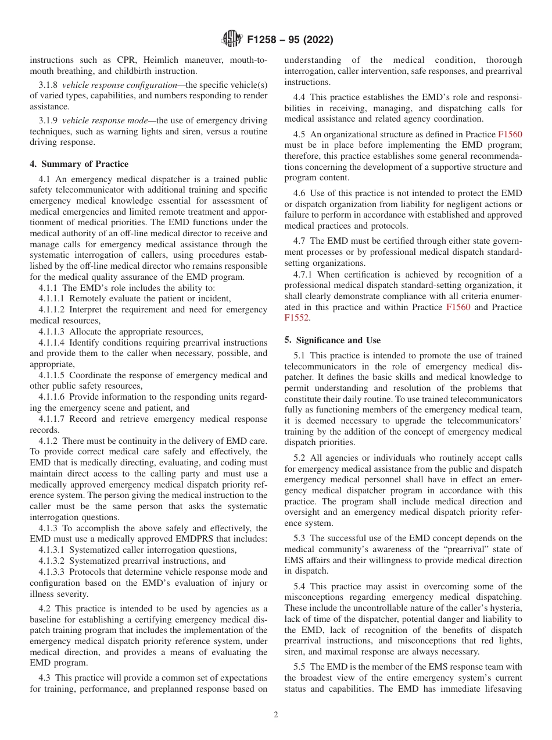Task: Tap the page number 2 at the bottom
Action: point(276,715)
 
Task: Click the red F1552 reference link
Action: point(297,318)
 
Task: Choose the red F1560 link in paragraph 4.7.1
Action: point(458,307)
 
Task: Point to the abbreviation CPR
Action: point(123,60)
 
